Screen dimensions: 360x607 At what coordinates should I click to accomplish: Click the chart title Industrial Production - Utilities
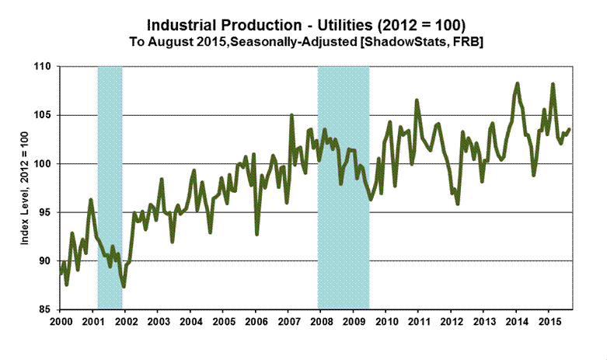pos(303,25)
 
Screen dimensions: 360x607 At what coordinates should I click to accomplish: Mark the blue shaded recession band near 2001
pos(110,187)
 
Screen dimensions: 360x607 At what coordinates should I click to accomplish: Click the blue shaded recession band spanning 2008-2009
pos(344,187)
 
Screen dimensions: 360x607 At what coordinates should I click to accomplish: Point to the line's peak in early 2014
pos(518,83)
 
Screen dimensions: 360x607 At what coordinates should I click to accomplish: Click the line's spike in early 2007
pos(291,115)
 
